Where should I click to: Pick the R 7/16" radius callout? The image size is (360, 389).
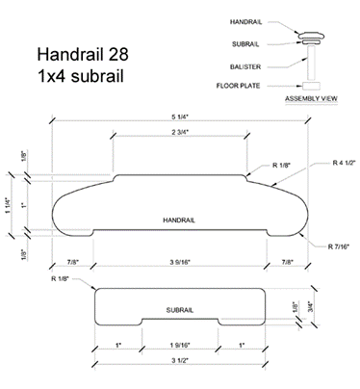pyautogui.click(x=340, y=246)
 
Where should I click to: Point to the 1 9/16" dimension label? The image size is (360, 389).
pyautogui.click(x=181, y=345)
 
